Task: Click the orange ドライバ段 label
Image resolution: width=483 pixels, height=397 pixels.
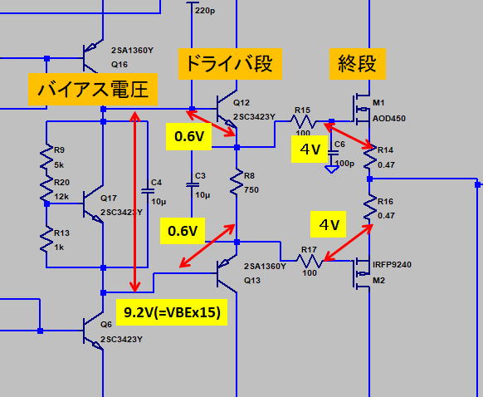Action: point(230,64)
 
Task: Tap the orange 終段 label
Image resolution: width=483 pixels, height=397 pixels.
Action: point(358,64)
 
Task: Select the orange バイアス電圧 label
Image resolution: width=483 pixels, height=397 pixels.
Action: point(93,90)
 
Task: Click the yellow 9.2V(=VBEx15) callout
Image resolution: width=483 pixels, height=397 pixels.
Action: point(172,312)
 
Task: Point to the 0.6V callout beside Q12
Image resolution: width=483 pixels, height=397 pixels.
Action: point(188,136)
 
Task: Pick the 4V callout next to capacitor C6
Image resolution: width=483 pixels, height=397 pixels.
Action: point(310,149)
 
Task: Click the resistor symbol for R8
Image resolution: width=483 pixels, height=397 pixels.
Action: point(237,182)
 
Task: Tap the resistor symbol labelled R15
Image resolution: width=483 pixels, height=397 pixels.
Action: point(303,121)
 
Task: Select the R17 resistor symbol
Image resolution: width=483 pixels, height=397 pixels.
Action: point(310,261)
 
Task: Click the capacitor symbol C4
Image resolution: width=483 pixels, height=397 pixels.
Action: point(148,191)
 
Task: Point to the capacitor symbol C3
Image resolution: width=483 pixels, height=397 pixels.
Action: point(193,185)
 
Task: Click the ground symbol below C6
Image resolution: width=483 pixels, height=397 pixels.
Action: point(331,169)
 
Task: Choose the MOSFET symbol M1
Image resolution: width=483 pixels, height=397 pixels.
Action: point(361,110)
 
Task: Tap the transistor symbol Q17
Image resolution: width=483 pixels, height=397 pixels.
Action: point(93,204)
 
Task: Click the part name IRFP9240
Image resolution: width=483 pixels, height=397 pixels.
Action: point(392,265)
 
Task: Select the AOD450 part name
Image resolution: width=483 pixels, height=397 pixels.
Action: point(388,119)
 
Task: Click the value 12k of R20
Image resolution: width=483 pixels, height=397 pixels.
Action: point(61,196)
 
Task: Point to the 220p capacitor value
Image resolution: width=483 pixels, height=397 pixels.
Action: point(205,11)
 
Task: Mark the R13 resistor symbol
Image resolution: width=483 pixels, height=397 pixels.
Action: point(46,239)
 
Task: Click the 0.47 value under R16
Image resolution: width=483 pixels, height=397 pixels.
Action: point(386,215)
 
